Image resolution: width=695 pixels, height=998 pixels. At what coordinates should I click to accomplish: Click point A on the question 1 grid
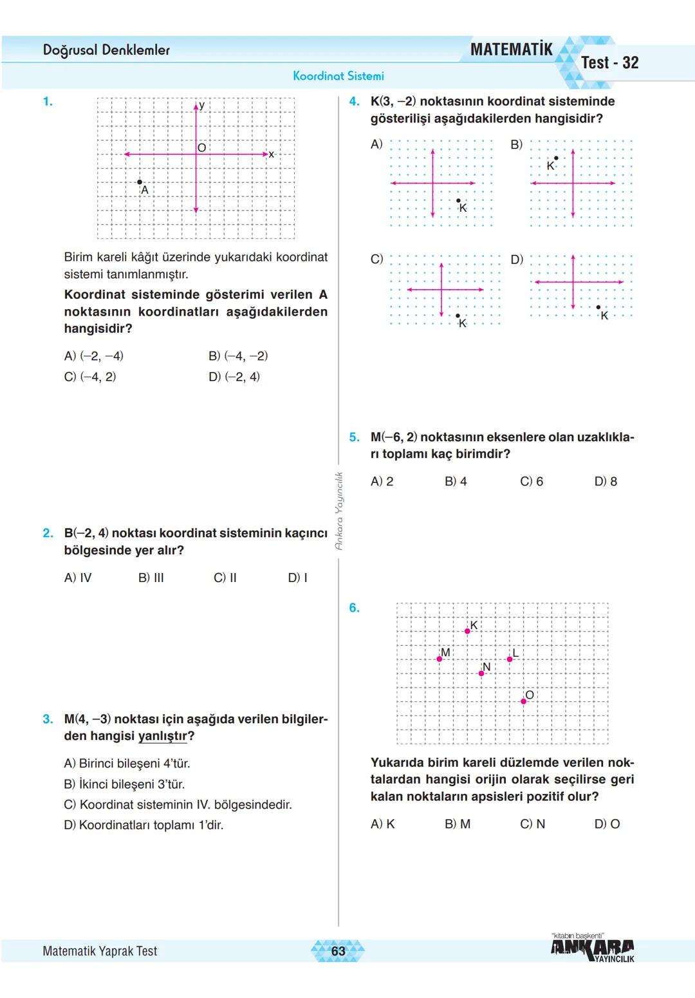140,182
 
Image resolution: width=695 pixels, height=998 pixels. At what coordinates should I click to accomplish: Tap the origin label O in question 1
202,148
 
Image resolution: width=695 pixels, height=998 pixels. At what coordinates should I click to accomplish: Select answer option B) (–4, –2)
238,356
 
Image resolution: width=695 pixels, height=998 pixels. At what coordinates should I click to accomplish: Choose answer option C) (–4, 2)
90,377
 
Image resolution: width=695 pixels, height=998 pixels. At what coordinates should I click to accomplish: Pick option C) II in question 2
225,578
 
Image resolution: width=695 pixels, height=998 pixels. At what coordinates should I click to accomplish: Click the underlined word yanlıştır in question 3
163,736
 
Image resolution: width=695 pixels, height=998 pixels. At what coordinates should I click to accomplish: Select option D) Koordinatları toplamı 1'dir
144,825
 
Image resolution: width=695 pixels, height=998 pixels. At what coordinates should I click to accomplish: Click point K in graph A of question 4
458,201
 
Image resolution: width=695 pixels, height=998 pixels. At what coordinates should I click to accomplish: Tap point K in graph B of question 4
556,158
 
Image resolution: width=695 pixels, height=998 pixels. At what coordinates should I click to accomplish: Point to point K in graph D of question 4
598,308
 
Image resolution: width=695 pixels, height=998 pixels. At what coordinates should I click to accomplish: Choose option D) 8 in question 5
606,482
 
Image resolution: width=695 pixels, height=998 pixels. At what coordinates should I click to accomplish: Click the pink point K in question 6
467,631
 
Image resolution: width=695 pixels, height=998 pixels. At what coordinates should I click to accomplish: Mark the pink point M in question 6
440,659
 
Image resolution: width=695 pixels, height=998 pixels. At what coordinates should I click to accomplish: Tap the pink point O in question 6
523,701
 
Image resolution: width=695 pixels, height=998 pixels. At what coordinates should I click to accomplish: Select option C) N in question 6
532,824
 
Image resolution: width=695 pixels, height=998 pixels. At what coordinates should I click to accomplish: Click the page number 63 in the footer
338,951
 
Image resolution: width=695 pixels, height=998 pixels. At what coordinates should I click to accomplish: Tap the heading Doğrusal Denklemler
106,50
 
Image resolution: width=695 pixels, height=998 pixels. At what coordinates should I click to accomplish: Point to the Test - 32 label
609,63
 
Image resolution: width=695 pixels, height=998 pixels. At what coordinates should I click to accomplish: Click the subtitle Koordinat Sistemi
338,76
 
